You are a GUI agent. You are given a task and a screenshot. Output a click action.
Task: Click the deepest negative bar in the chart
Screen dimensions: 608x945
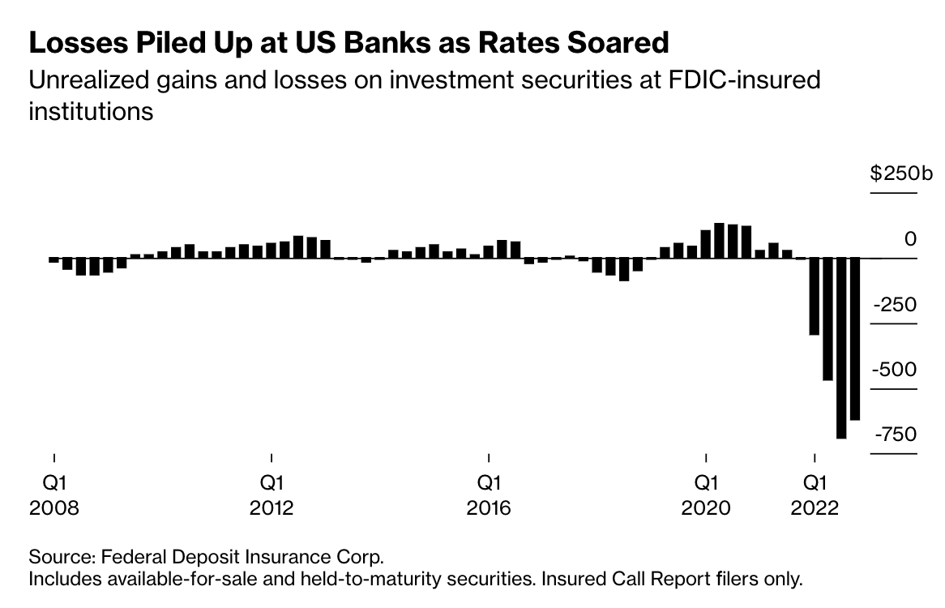(x=840, y=349)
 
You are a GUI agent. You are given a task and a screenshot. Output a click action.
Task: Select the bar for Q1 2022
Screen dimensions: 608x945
(x=814, y=297)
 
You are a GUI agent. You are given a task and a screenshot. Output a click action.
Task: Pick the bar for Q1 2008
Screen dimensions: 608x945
(x=54, y=260)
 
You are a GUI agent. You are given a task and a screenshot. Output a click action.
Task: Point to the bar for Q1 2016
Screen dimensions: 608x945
(x=488, y=251)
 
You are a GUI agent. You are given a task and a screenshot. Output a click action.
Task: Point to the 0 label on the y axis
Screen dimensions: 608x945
(x=910, y=239)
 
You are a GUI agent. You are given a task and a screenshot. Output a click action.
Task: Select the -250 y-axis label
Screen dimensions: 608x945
(x=894, y=304)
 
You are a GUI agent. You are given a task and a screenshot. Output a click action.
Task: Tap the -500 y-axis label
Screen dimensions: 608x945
(x=894, y=369)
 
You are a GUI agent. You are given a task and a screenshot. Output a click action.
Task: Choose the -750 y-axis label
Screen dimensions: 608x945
(x=895, y=435)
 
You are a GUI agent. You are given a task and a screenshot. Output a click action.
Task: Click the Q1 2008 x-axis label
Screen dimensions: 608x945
(x=54, y=495)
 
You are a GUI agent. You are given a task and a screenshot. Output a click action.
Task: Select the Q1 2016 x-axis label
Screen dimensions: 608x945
(x=488, y=495)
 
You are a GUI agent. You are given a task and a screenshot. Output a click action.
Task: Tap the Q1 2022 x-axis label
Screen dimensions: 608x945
(x=815, y=495)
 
